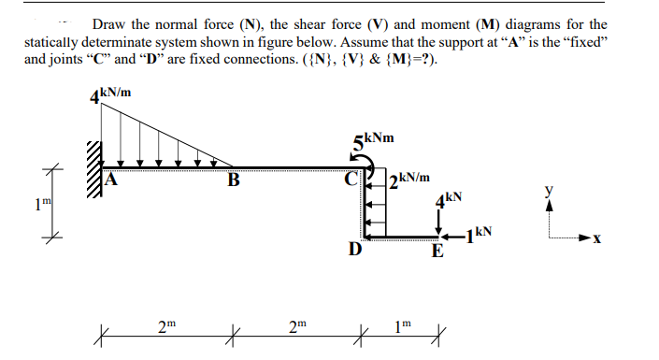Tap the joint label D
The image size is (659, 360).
pyautogui.click(x=353, y=251)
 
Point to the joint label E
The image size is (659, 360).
pyautogui.click(x=437, y=252)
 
